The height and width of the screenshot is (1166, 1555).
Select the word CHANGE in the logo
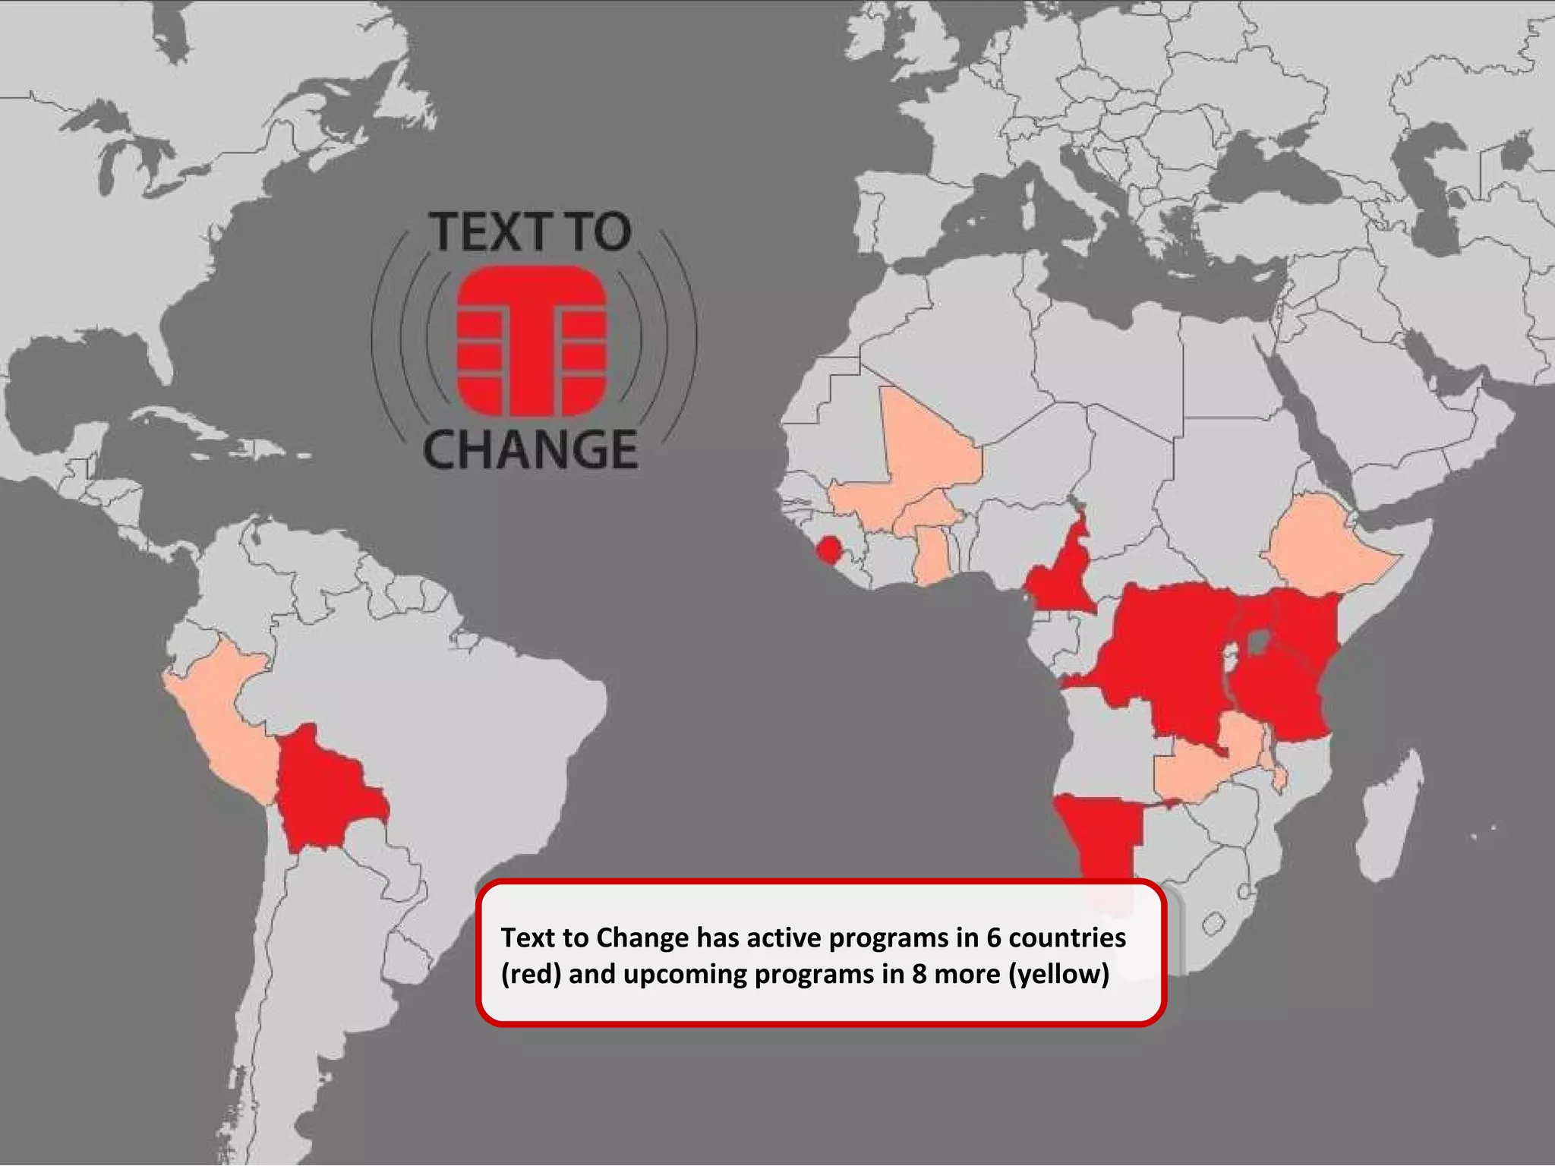530,449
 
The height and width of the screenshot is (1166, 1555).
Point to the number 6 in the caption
993,938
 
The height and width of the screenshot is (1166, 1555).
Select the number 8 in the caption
919,974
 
